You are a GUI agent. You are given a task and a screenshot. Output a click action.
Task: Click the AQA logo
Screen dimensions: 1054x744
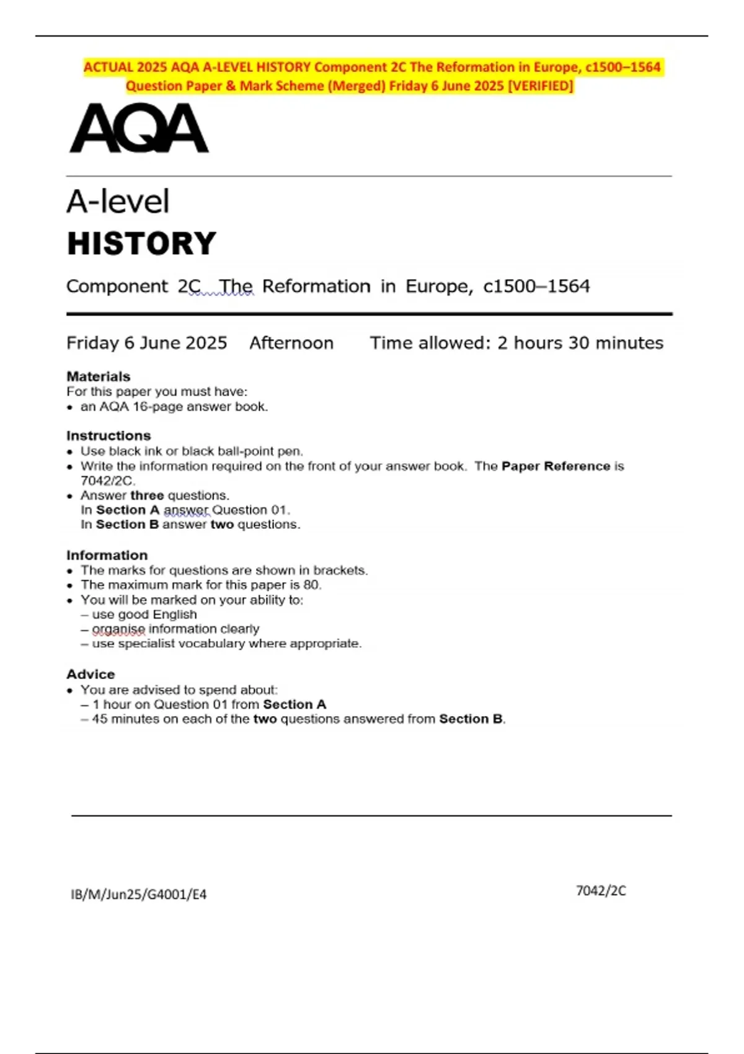pos(139,128)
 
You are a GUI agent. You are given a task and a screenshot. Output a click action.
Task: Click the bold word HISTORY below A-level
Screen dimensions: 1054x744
pos(141,243)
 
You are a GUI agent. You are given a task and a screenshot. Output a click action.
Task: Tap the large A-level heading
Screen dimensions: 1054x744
pos(118,201)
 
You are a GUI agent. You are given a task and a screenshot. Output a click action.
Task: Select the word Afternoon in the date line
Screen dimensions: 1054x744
pos(291,343)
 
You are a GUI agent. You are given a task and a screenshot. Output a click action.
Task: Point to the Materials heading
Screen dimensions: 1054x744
pos(99,376)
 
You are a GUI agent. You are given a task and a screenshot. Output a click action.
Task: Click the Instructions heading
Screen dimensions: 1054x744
pos(108,435)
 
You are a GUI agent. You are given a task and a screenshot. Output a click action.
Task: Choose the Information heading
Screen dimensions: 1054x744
pos(107,555)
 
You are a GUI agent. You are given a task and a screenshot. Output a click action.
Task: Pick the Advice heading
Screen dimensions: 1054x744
pos(91,674)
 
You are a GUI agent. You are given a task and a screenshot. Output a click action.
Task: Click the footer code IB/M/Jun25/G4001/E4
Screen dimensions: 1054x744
pos(139,894)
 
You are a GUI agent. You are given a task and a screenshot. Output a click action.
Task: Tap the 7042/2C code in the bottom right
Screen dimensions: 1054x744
pos(601,890)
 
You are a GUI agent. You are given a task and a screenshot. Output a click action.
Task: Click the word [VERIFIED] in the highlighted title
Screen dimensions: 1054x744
pos(541,86)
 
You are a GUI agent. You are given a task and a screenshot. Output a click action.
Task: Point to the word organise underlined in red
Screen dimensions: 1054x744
pos(118,629)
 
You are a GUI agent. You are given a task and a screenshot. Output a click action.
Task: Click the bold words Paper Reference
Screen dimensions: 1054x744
pos(556,466)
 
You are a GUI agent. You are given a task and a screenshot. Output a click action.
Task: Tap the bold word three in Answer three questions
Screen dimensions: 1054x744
pos(147,495)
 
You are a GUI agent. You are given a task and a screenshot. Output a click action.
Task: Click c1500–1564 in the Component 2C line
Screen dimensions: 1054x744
pos(536,286)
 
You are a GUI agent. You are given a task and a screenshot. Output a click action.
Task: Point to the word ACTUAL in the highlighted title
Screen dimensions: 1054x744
pos(108,67)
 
